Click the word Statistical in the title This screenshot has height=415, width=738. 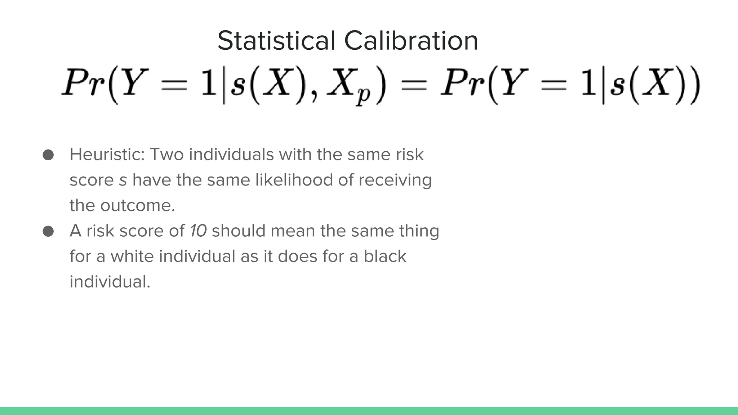click(x=276, y=41)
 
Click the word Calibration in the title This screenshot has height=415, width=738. click(x=411, y=41)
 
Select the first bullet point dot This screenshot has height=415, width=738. click(x=48, y=155)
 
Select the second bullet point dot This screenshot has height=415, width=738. click(x=48, y=231)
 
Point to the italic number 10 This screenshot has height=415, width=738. click(x=198, y=231)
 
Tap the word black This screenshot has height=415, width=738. click(x=384, y=256)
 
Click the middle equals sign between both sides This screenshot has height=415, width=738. click(x=414, y=85)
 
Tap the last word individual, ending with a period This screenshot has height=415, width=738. click(x=110, y=282)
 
